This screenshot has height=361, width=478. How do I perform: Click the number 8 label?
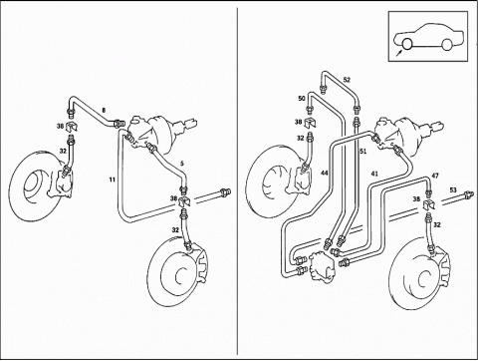(x=104, y=110)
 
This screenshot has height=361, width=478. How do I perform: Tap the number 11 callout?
(x=113, y=180)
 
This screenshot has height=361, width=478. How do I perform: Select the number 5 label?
(x=182, y=164)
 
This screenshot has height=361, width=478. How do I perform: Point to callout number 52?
(x=347, y=80)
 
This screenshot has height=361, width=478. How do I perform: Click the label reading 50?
(x=302, y=99)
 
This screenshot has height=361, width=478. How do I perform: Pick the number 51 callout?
(x=363, y=152)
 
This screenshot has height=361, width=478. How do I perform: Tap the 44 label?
(x=325, y=173)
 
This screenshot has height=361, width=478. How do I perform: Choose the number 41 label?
(x=374, y=174)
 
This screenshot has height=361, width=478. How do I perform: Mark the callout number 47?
(x=435, y=176)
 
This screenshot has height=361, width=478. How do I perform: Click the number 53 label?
(x=453, y=190)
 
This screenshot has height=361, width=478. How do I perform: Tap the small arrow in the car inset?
(x=399, y=53)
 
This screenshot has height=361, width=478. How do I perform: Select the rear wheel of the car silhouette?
(x=447, y=45)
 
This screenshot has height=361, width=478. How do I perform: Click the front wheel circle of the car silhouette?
(x=406, y=44)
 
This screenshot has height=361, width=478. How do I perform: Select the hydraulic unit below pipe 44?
(x=322, y=265)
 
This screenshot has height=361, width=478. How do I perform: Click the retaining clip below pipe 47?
(x=429, y=204)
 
